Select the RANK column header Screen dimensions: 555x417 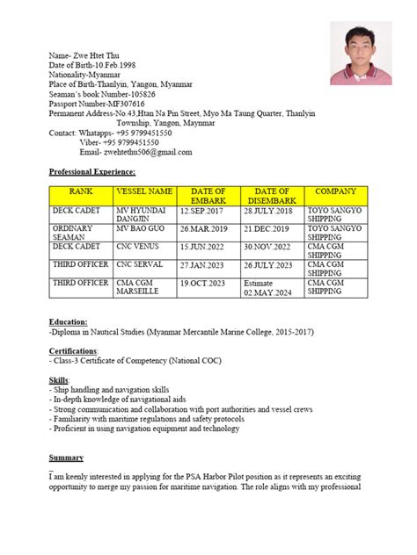81,191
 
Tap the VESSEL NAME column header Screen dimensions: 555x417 144,191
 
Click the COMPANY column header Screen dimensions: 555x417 335,191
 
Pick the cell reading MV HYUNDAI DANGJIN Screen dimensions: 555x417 144,216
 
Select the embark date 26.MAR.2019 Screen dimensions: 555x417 208,228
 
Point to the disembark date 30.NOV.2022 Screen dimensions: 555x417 272,248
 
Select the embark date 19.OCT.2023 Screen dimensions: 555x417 208,284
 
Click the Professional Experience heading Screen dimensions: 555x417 91,171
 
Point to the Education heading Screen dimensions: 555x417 69,322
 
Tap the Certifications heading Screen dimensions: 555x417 74,350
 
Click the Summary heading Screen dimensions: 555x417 66,458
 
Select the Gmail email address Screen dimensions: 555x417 135,152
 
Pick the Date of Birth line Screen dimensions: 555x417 93,64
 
